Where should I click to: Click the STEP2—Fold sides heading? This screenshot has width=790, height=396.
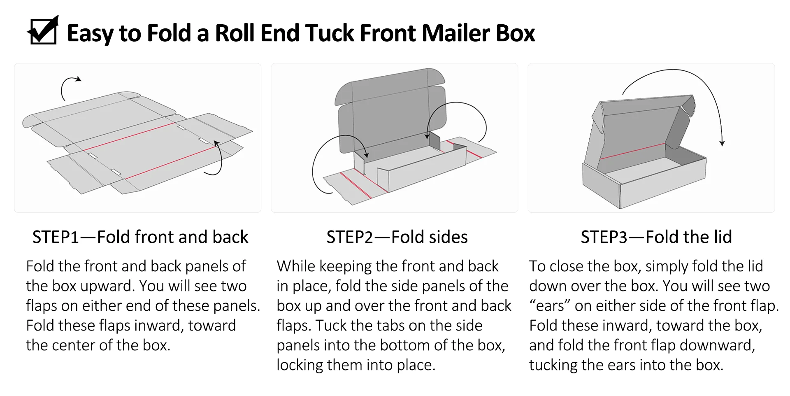pyautogui.click(x=397, y=237)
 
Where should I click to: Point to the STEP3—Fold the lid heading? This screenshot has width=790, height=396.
pyautogui.click(x=656, y=237)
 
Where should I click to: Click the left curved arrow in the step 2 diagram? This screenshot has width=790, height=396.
pyautogui.click(x=329, y=163)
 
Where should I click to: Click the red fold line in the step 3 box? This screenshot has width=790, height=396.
pyautogui.click(x=632, y=151)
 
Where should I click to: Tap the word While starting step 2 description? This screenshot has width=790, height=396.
pyautogui.click(x=295, y=266)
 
